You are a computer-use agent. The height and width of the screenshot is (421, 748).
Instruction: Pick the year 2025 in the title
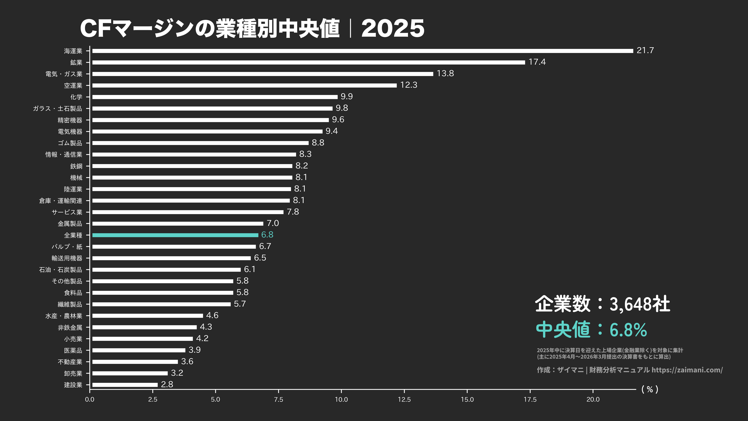393,28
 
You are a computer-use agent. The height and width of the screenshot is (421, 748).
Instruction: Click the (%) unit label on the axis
650,389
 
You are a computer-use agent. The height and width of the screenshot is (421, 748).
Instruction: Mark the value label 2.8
167,384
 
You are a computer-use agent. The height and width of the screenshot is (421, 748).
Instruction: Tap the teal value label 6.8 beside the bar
267,235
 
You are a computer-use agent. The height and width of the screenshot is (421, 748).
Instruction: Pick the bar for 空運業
244,85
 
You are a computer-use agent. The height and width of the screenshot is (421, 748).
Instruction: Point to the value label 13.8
445,73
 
